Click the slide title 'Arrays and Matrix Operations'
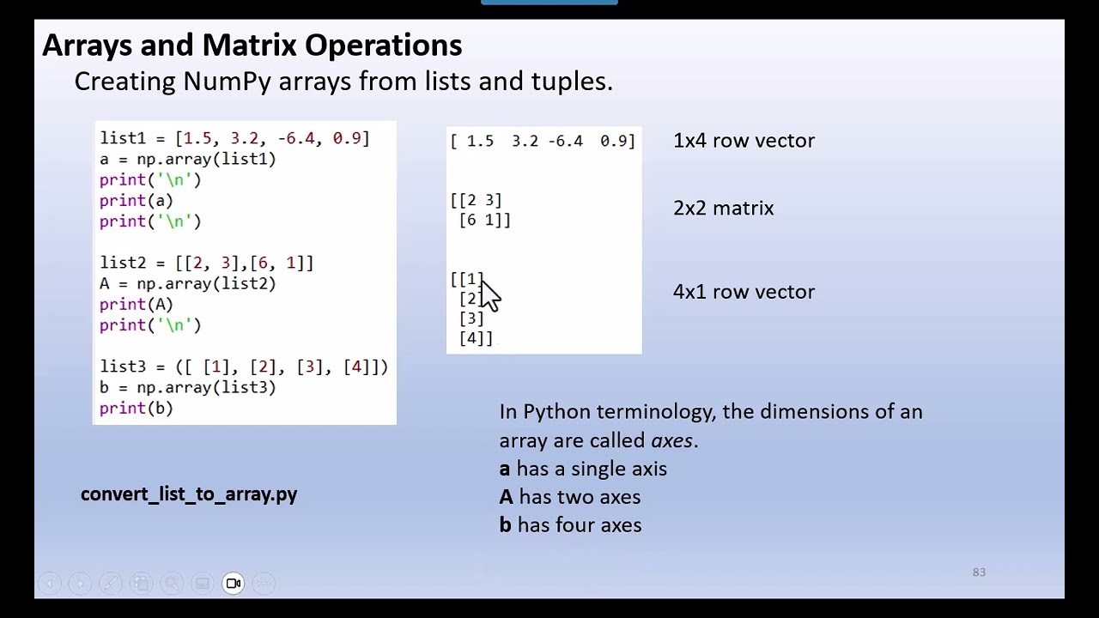tap(252, 45)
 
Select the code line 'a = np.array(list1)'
tap(187, 159)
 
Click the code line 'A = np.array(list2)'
tap(187, 283)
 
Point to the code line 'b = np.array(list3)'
tap(187, 387)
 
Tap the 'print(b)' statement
tap(136, 408)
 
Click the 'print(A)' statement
tap(136, 304)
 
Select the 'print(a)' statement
tap(136, 200)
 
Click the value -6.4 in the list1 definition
tap(296, 138)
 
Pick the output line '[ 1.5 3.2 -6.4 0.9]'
tap(543, 141)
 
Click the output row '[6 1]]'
tap(484, 220)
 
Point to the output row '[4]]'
tap(476, 338)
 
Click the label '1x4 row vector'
tap(744, 141)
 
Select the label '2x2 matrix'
tap(723, 209)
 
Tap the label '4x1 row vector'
tap(744, 292)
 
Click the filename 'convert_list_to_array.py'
tap(189, 494)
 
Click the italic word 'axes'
tap(671, 440)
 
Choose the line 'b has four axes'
tap(570, 525)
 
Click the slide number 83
tap(979, 573)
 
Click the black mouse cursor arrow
tap(489, 294)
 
